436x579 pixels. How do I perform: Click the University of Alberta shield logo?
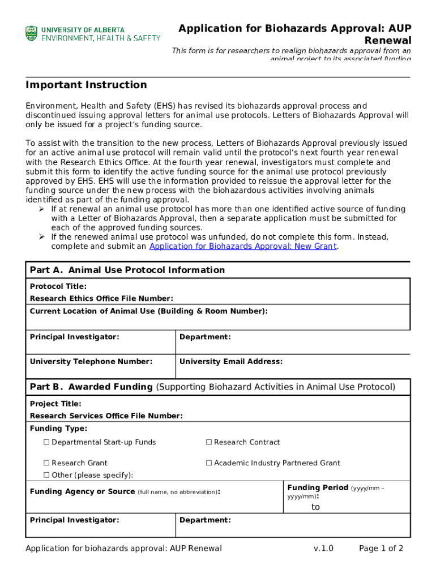point(31,33)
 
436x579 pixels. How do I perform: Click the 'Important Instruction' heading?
point(86,85)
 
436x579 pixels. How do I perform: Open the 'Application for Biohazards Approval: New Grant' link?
point(242,247)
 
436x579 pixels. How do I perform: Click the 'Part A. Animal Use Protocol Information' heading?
point(127,270)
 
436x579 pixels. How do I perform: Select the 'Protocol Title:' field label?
point(58,287)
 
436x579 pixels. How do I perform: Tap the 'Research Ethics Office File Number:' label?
point(101,299)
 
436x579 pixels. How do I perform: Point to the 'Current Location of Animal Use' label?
point(148,311)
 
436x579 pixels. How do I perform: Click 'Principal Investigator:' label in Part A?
point(74,337)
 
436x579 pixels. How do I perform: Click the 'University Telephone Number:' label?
point(91,361)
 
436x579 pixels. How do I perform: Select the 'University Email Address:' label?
point(231,361)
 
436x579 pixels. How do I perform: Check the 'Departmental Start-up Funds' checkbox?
point(47,442)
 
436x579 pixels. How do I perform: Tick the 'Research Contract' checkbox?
point(209,442)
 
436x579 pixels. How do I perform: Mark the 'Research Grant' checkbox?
point(47,463)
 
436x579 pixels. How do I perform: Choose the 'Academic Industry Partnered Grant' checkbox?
point(209,463)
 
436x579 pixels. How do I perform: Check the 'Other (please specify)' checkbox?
point(47,475)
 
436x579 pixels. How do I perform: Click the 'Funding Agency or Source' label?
point(82,492)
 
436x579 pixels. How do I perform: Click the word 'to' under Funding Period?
point(315,507)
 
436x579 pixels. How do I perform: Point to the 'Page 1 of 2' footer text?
point(381,548)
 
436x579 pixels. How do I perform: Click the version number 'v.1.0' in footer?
point(323,548)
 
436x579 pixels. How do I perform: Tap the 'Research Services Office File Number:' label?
point(106,416)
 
